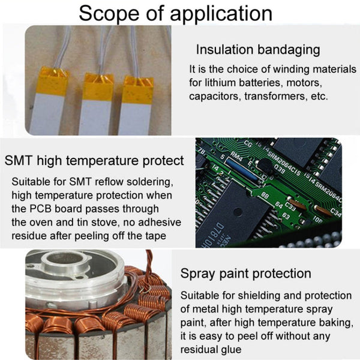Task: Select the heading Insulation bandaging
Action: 258,50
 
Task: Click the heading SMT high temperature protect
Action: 94,161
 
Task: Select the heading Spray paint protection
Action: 246,274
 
